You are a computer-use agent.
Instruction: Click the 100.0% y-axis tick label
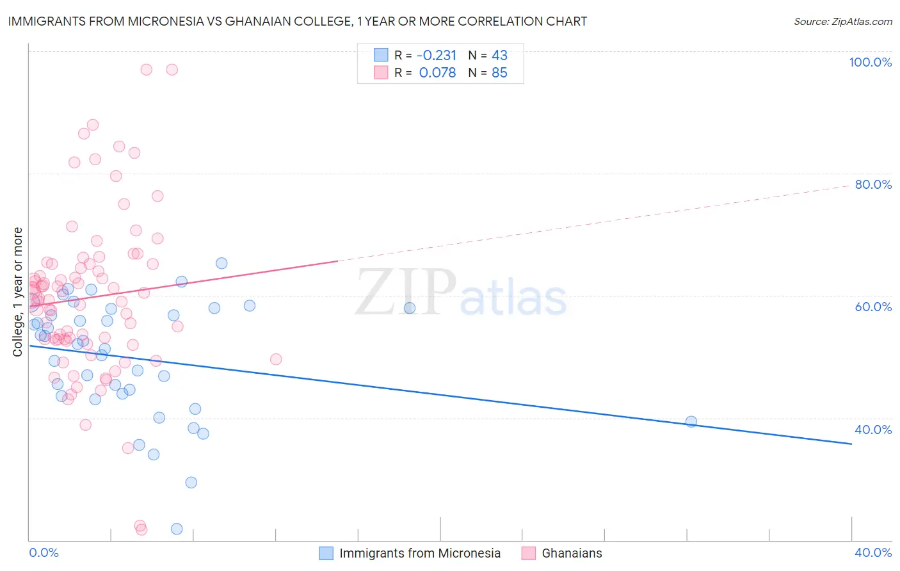click(870, 62)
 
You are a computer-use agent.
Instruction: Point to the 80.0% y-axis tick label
click(873, 184)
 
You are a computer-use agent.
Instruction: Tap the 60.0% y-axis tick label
click(873, 307)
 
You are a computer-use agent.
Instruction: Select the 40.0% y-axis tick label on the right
click(873, 430)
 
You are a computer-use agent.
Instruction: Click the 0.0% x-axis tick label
click(44, 552)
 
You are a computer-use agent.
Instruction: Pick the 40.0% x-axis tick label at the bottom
click(873, 552)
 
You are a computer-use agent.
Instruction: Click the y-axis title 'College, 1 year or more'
click(18, 292)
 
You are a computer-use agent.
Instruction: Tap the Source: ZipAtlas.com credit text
click(842, 22)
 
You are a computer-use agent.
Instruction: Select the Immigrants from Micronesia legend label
click(420, 553)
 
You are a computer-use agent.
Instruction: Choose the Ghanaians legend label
click(572, 553)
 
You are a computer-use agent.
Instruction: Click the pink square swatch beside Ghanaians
click(528, 553)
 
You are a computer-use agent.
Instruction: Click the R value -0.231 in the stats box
click(437, 55)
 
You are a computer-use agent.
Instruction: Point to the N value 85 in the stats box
click(499, 73)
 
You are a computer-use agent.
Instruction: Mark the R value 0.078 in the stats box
click(437, 73)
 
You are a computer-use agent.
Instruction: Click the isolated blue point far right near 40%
click(691, 421)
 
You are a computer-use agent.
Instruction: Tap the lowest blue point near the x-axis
click(177, 529)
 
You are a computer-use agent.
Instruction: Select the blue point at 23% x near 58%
click(410, 308)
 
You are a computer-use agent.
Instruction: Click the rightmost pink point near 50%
click(276, 359)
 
